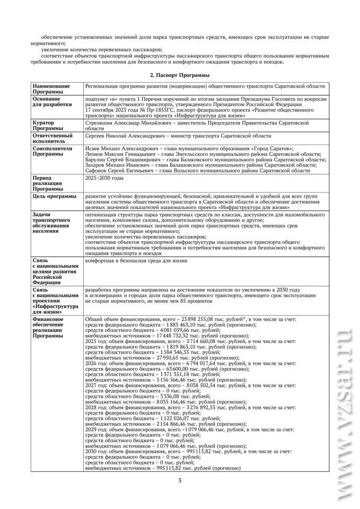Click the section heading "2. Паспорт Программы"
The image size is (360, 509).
pos(180,75)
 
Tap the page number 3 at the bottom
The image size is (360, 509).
pos(180,480)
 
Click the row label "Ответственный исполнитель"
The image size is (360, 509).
pos(52,138)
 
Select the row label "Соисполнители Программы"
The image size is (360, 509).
pos(51,152)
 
